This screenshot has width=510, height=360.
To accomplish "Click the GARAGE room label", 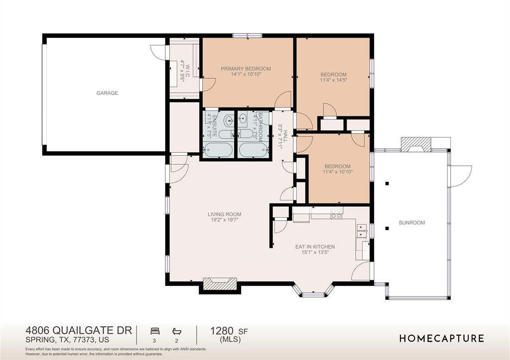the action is pyautogui.click(x=107, y=93).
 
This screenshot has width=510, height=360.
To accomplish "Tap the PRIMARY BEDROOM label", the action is pyautogui.click(x=246, y=69).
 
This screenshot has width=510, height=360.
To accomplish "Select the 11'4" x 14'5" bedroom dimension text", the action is pyautogui.click(x=333, y=80).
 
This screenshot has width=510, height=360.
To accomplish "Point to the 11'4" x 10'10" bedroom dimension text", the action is pyautogui.click(x=338, y=172).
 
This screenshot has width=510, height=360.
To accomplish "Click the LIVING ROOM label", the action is pyautogui.click(x=225, y=214).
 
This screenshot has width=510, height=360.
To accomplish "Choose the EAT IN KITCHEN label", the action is pyautogui.click(x=315, y=247).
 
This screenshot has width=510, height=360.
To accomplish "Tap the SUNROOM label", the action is pyautogui.click(x=412, y=223).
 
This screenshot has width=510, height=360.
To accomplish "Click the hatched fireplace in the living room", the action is pyautogui.click(x=220, y=284).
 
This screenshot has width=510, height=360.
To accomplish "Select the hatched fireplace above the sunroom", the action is pyautogui.click(x=416, y=144).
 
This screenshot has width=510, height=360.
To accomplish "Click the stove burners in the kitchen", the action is pyautogui.click(x=337, y=213).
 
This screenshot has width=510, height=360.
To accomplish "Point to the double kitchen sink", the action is pyautogui.click(x=362, y=232).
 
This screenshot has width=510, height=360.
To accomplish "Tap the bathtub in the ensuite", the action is pyautogui.click(x=218, y=150).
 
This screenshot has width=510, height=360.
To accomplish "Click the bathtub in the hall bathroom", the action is pyautogui.click(x=254, y=150).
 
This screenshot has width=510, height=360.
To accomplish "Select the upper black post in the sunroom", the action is pyautogui.click(x=387, y=183).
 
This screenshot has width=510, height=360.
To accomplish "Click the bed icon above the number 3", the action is pyautogui.click(x=155, y=332).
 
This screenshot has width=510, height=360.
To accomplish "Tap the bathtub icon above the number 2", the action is pyautogui.click(x=177, y=332).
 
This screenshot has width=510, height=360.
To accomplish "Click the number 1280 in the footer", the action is pyautogui.click(x=222, y=331).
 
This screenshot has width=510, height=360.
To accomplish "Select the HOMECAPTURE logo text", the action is pyautogui.click(x=442, y=339).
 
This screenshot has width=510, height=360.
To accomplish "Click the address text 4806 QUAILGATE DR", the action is pyautogui.click(x=79, y=331).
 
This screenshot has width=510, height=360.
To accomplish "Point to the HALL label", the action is pyautogui.click(x=285, y=136).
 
